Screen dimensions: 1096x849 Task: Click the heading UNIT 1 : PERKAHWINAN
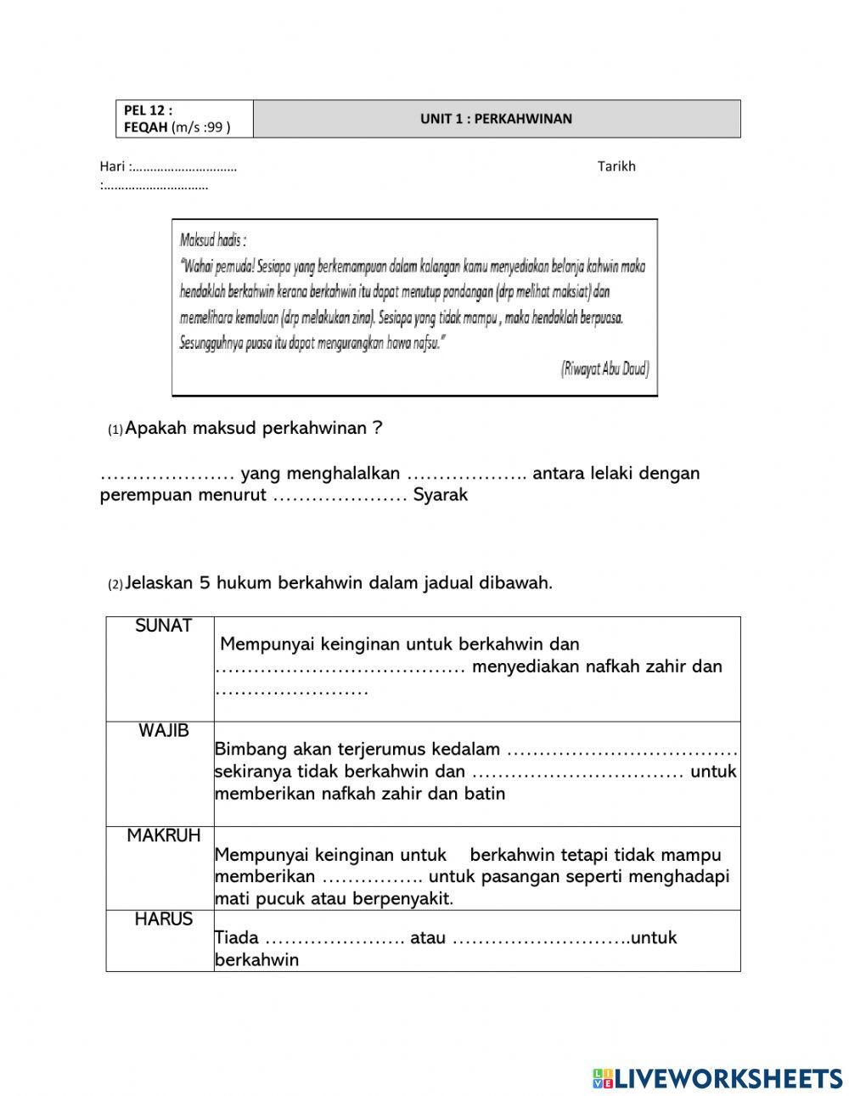(x=496, y=119)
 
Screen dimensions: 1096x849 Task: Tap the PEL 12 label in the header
(x=148, y=110)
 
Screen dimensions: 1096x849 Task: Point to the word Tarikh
(x=616, y=166)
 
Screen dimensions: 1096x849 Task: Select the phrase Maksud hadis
(x=212, y=240)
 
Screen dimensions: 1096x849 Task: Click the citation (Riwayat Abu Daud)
(x=604, y=368)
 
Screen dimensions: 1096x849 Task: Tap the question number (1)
(x=115, y=430)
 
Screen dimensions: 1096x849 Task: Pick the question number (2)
(x=115, y=584)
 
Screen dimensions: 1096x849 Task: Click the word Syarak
(x=441, y=495)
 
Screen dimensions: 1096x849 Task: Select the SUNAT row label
(x=163, y=627)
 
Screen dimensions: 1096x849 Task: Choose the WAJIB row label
(x=164, y=731)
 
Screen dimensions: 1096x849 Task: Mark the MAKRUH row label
(x=164, y=835)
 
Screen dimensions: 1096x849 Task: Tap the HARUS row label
(x=164, y=919)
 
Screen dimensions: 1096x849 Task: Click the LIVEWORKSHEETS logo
(x=717, y=1078)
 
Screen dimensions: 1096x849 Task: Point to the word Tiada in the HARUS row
(x=237, y=938)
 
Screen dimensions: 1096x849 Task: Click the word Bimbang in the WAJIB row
(x=250, y=750)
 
